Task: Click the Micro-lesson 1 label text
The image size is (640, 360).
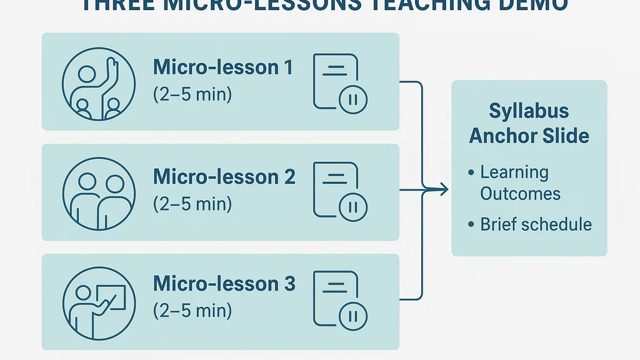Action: [223, 67]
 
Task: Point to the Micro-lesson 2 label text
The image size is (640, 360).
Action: [224, 177]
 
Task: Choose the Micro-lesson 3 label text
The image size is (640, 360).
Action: [224, 284]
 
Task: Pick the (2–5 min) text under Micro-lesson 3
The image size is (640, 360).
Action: [192, 311]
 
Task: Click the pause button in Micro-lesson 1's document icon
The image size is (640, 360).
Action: [353, 100]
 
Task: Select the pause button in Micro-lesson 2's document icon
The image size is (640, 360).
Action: [353, 207]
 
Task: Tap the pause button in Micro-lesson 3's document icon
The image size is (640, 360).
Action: [353, 315]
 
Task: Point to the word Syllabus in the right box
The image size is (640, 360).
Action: [529, 111]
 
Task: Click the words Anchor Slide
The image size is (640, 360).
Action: [529, 136]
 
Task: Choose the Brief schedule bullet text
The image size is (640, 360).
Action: [536, 224]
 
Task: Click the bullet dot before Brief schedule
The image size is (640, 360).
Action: [471, 224]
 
